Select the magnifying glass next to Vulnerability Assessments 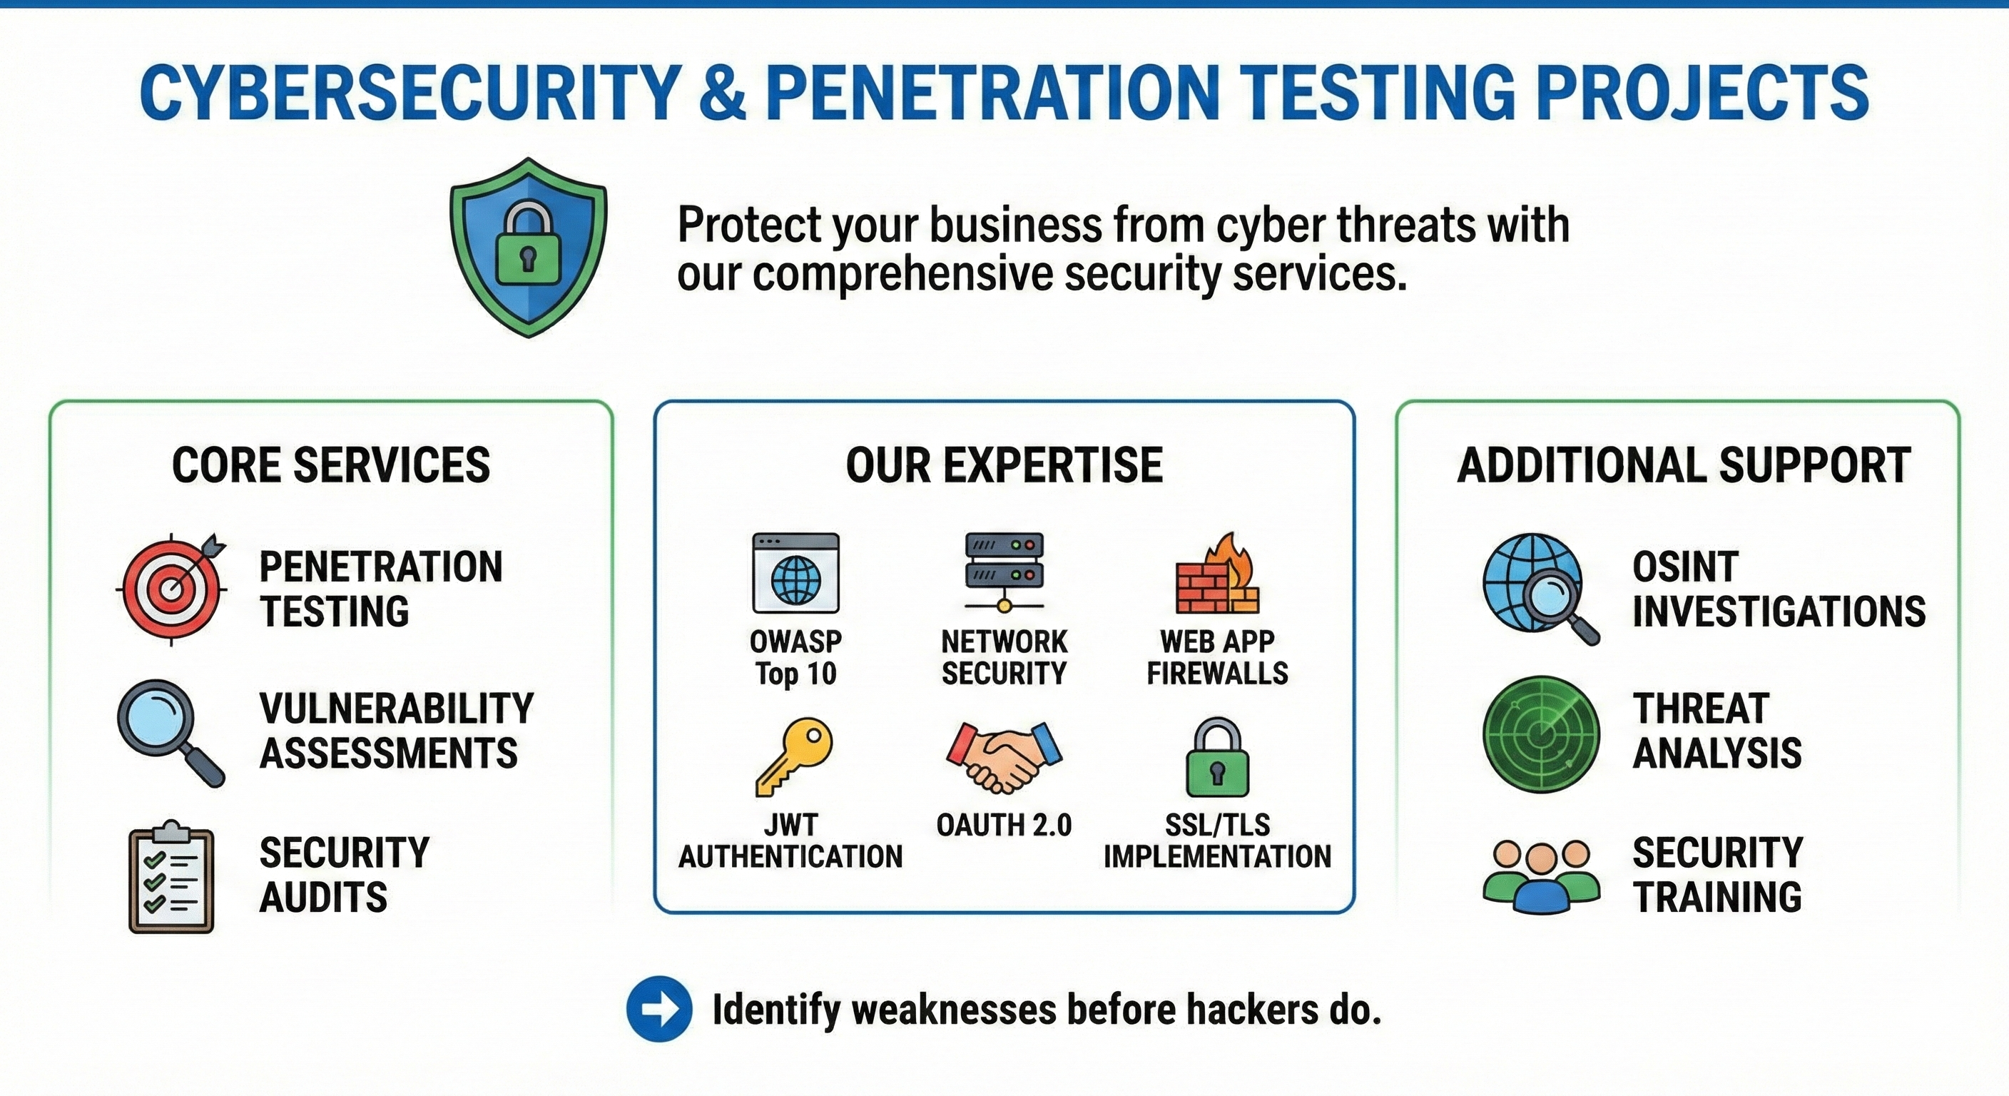[169, 731]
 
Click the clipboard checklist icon [171, 878]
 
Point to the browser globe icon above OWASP [795, 574]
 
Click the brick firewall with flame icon [1216, 575]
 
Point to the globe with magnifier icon [1540, 587]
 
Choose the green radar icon [1541, 734]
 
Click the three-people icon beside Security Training [1541, 876]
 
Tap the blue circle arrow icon [659, 1009]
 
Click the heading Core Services [331, 465]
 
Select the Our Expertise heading [1004, 465]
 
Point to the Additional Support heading [1684, 465]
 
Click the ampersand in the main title [721, 92]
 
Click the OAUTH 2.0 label [1004, 825]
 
